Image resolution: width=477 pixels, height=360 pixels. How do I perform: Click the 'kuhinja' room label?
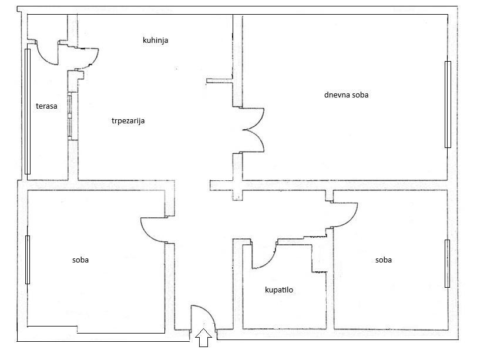[156, 40]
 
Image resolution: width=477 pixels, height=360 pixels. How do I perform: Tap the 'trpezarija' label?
[128, 121]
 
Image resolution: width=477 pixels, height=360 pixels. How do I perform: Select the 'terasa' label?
[46, 106]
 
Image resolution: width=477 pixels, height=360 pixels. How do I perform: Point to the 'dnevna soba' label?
[346, 95]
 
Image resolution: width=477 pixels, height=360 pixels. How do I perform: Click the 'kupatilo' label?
[279, 290]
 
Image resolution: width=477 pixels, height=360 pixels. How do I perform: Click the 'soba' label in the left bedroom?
[80, 260]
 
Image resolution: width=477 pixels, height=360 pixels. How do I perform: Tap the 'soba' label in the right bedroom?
[383, 260]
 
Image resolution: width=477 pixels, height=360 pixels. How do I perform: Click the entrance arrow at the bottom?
[203, 338]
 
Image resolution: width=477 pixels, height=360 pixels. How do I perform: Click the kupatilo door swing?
[268, 261]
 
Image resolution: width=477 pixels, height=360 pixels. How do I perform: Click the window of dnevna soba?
[448, 105]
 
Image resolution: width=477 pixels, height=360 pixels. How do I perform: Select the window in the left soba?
[28, 260]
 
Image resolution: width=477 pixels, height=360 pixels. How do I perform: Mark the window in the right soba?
[447, 263]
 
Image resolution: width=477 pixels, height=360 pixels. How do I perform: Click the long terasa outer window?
[28, 111]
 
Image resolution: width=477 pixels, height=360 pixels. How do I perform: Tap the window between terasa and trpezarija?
[70, 116]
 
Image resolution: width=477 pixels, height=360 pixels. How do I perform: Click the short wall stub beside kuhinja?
[220, 80]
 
